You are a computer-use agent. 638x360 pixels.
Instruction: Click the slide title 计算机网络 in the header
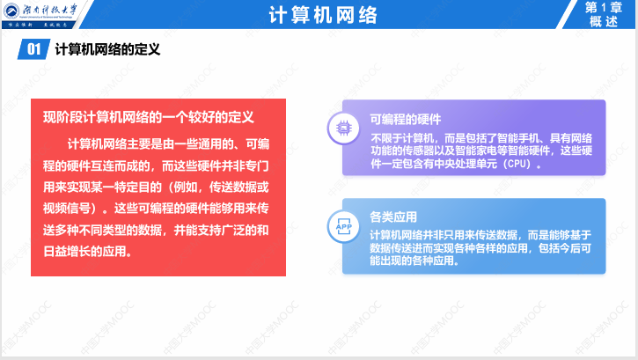(x=318, y=17)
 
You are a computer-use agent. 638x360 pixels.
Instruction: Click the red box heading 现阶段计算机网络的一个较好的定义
(x=149, y=116)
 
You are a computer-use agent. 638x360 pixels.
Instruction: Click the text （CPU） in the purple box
(x=518, y=164)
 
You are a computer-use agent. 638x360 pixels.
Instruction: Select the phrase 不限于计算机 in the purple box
(x=401, y=137)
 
